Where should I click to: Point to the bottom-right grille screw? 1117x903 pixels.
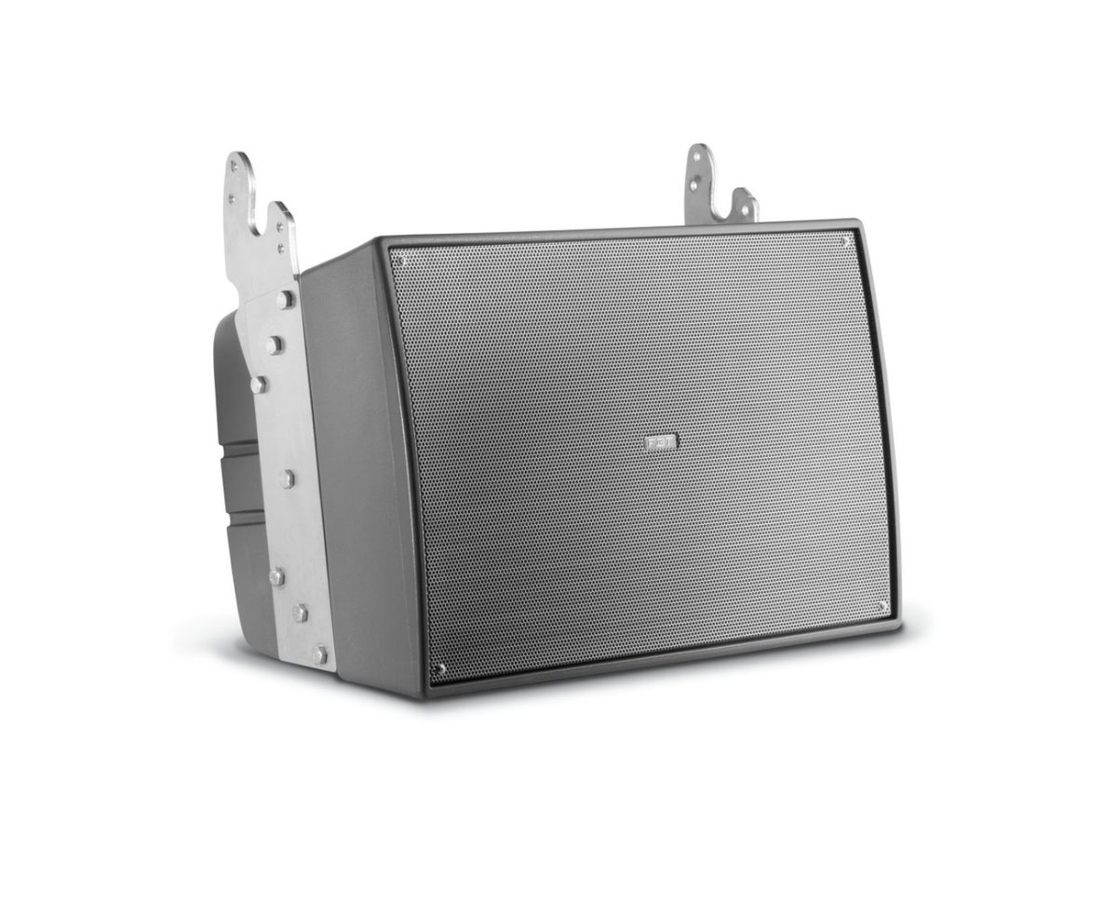point(882,606)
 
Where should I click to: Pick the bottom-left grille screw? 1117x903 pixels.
point(441,667)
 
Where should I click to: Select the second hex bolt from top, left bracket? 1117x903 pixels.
point(273,344)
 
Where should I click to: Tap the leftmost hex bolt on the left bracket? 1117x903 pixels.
point(258,383)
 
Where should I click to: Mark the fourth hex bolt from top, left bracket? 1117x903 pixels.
point(288,478)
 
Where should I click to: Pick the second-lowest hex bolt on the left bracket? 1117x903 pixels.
point(301,612)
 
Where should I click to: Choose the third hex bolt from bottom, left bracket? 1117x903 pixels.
point(276,577)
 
